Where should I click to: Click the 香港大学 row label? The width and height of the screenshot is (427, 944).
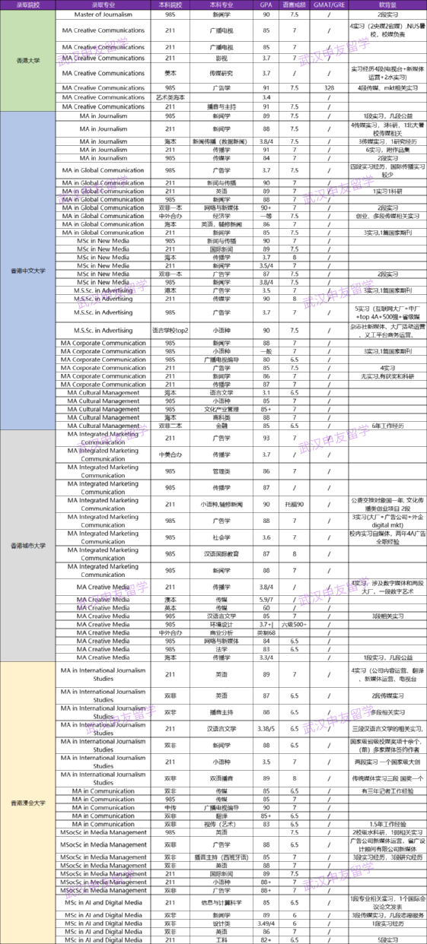(30, 59)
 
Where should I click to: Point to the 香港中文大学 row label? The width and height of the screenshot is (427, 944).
(30, 271)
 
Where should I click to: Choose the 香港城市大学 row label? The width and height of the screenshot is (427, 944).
(30, 546)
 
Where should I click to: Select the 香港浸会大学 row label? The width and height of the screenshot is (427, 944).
(30, 802)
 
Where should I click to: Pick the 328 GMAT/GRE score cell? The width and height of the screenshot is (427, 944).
(329, 87)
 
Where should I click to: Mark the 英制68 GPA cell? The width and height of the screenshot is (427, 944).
(266, 632)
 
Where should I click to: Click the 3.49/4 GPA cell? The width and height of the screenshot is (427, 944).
(266, 923)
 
